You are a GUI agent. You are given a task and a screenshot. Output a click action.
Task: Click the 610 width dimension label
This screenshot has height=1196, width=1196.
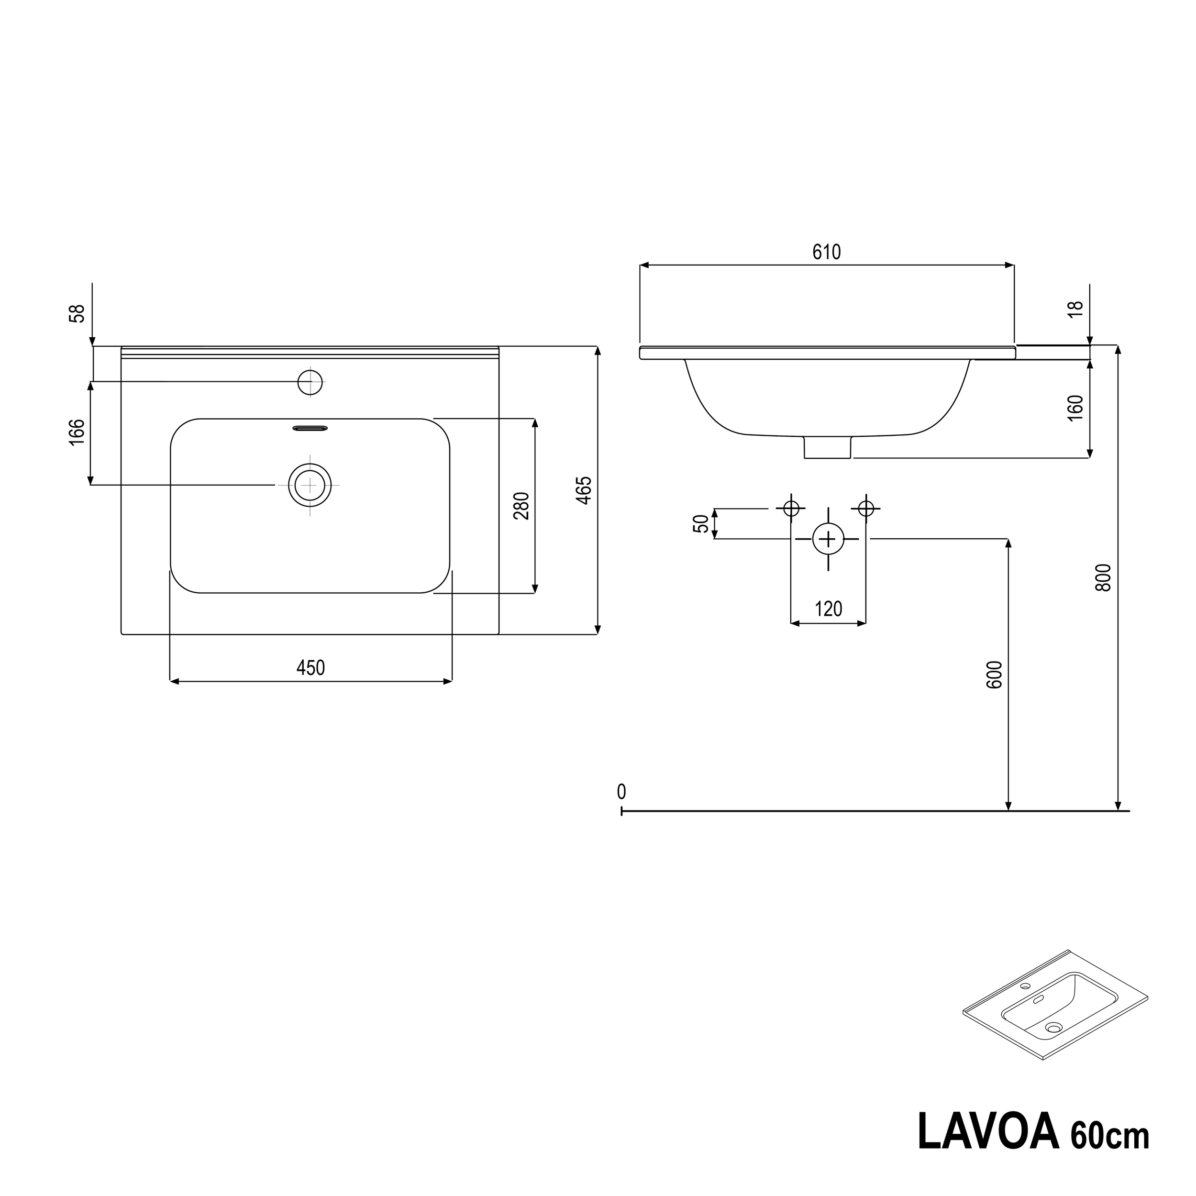pos(826,252)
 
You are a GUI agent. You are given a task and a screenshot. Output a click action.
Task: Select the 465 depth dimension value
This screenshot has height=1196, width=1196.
pos(585,490)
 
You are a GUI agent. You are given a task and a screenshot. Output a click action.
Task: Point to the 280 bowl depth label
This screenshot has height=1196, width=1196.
pos(522,506)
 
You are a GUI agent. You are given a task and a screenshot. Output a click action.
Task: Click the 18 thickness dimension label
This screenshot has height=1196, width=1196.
pos(1076,310)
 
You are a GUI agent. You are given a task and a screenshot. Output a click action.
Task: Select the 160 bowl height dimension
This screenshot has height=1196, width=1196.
pos(1076,408)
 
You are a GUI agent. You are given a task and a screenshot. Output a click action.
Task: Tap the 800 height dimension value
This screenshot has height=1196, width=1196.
pos(1104,577)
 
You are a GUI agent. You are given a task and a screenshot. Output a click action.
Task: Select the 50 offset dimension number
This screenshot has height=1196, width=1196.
pos(701,524)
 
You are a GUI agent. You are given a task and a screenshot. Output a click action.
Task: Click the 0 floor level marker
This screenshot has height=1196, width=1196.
pos(621,792)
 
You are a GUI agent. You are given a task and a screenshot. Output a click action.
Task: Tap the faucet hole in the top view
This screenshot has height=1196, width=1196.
pos(310,382)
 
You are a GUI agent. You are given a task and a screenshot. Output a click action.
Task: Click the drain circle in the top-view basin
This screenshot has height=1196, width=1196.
pos(310,485)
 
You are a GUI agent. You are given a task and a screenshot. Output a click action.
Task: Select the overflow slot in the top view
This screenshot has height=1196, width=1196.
pos(310,428)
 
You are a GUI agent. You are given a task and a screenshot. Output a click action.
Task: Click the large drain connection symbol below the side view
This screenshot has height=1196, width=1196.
pos(828,539)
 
